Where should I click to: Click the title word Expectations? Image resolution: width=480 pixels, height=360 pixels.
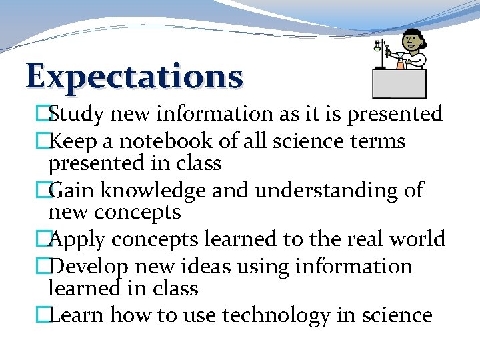click(x=134, y=76)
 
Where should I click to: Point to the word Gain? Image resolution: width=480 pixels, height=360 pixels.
click(x=73, y=191)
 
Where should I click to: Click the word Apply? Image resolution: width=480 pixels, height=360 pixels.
click(x=77, y=239)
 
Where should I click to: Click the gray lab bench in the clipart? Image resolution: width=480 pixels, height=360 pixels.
click(x=399, y=84)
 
